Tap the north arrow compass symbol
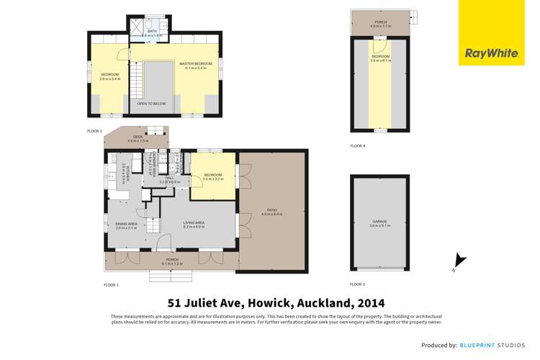(x=459, y=262)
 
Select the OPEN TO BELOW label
(x=151, y=104)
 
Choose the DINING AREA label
(x=126, y=224)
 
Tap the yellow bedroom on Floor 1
(x=213, y=176)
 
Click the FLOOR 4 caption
(x=358, y=146)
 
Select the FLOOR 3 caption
(x=358, y=284)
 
